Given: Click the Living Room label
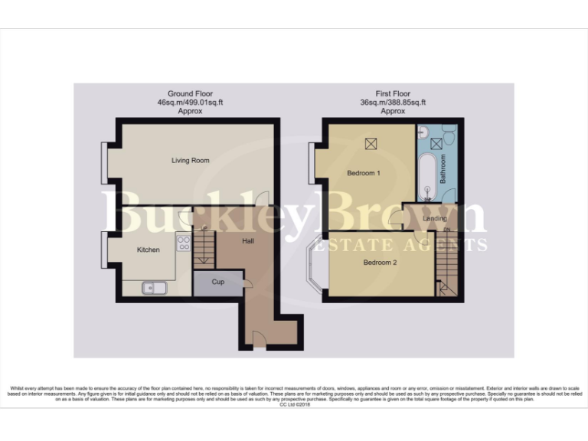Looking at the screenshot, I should tap(190, 160).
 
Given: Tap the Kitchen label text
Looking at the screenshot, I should tap(148, 250).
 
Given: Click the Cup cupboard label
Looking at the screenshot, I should tap(218, 282).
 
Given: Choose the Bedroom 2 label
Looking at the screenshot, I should tap(380, 263).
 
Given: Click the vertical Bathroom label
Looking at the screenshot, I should tap(442, 168).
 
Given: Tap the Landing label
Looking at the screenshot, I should tap(434, 219).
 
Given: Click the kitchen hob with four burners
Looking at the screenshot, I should tap(184, 243).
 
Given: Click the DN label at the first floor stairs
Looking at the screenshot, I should tap(447, 230).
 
